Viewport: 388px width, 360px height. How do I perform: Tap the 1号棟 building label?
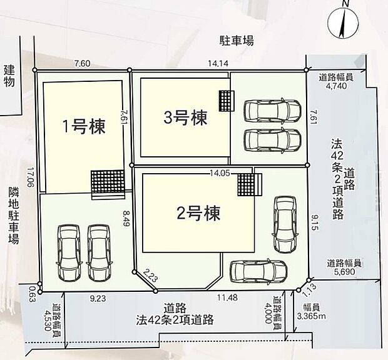[83, 127]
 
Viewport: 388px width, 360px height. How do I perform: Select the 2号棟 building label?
[198, 214]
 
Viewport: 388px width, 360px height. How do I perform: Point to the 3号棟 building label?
[185, 117]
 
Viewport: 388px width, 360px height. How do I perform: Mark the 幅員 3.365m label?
[311, 312]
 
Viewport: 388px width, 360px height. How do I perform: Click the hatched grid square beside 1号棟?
[104, 184]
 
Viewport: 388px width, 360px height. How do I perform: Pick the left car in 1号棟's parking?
[68, 252]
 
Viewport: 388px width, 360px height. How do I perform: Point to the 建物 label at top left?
[9, 76]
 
